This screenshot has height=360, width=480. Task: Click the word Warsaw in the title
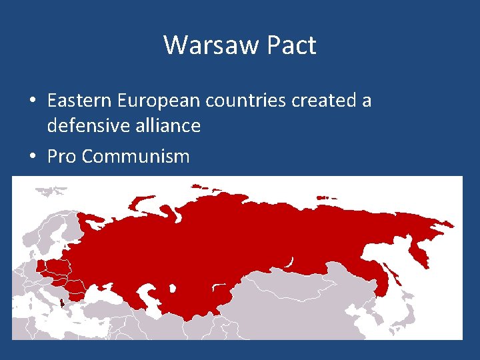[x=203, y=45]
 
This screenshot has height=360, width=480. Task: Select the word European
[x=159, y=101]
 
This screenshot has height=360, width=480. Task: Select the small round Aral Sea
[x=173, y=289]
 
